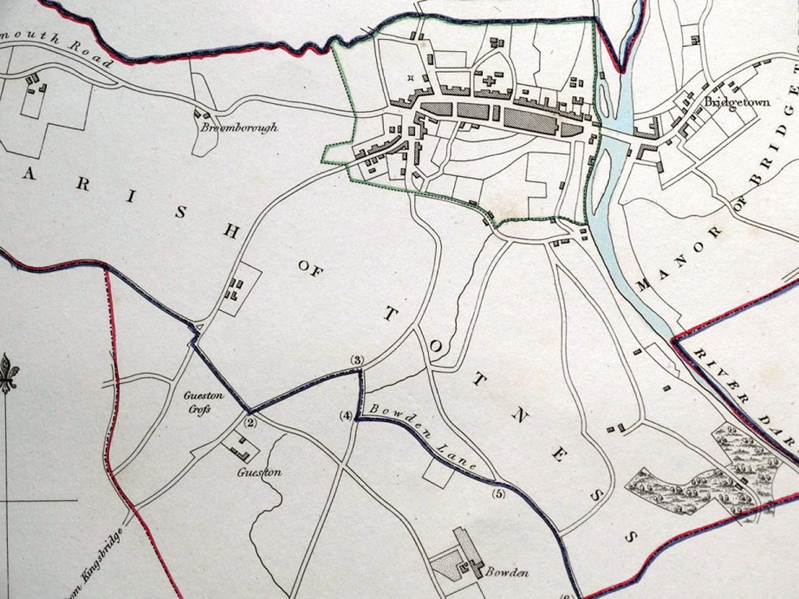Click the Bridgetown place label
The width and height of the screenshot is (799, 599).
[737, 102]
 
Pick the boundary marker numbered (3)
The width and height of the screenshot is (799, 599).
[357, 361]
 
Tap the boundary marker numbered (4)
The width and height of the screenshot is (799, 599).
[346, 415]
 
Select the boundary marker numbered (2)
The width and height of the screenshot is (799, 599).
[251, 422]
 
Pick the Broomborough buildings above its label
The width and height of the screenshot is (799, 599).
[203, 113]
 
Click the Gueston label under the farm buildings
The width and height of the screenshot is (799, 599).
[259, 472]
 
